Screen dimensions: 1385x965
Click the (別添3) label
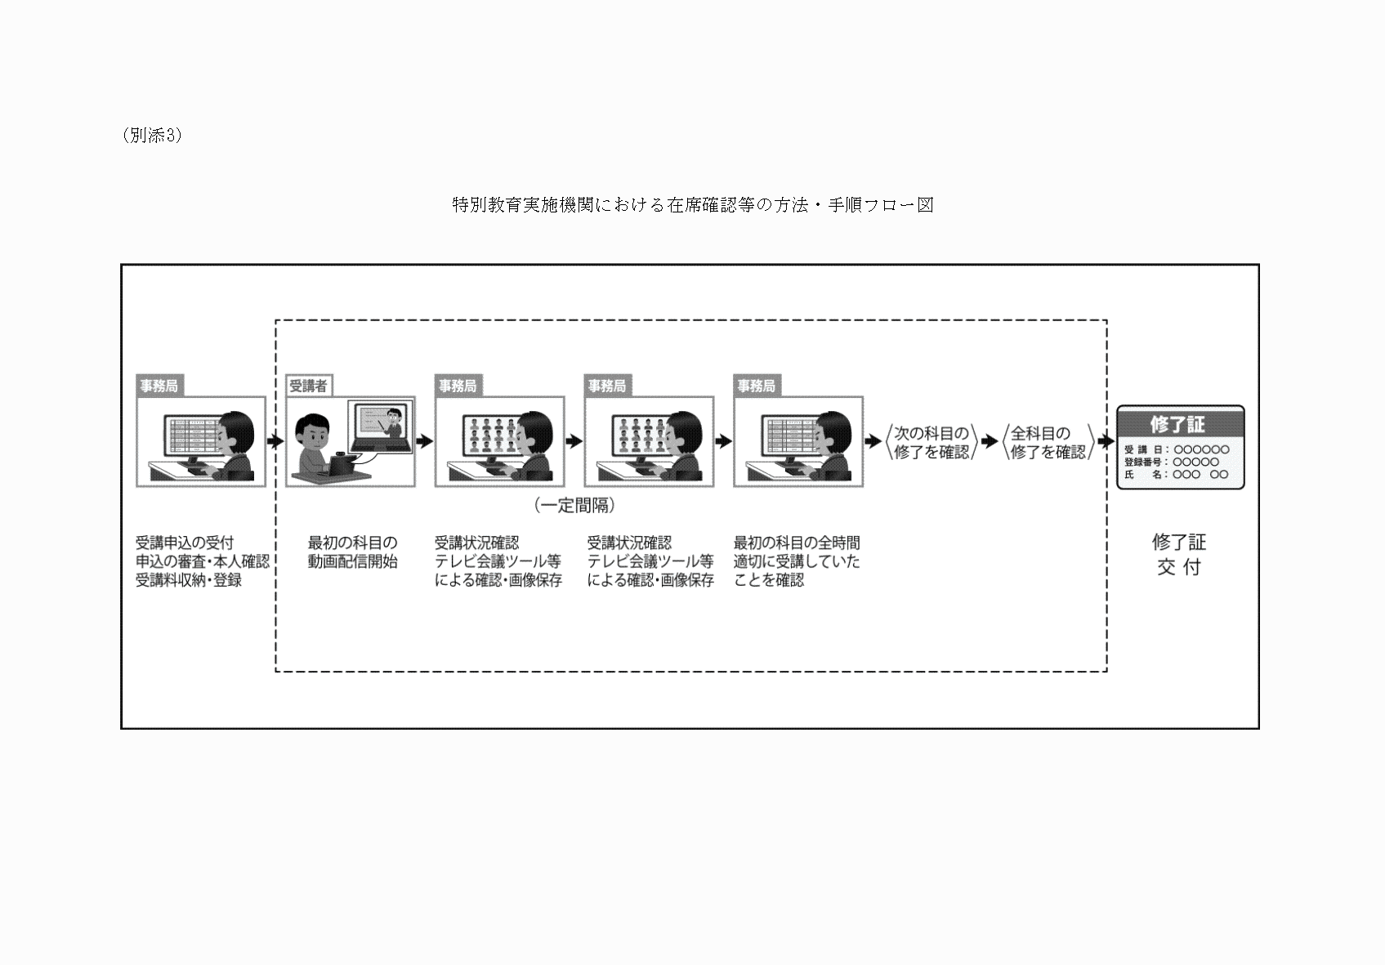coord(152,136)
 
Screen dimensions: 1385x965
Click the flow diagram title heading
coord(693,204)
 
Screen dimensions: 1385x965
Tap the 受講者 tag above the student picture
coord(308,386)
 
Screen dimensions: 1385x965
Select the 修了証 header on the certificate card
coord(1177,424)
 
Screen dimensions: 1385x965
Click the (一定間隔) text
coord(574,506)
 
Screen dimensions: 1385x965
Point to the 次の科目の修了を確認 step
coord(932,442)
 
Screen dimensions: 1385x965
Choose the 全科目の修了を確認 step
coord(1048,442)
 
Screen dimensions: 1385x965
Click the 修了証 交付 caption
coord(1178,555)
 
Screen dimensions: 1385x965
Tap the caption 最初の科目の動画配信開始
coord(352,552)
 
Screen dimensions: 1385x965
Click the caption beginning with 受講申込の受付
coord(202,561)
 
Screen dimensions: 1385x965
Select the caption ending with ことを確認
coord(797,561)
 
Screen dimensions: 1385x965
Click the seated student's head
coord(312,432)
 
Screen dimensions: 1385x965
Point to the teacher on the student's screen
coord(393,422)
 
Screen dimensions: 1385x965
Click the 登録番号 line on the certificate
coord(1171,462)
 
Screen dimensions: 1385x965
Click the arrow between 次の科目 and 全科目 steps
coord(990,441)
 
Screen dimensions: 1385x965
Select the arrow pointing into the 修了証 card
coord(1106,441)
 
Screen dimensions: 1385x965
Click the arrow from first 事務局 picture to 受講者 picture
coord(275,441)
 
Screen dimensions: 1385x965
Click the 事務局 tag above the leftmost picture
coord(159,386)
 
